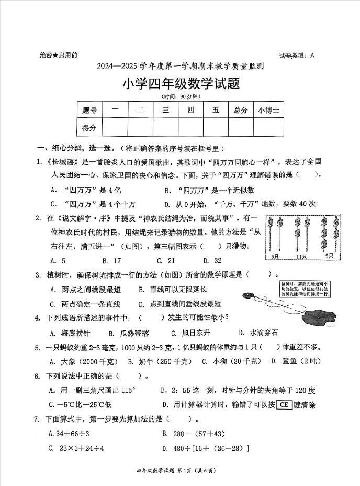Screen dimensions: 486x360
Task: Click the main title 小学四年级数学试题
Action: point(181,83)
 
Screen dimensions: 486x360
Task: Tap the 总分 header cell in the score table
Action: point(241,110)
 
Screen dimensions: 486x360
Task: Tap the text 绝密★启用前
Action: point(59,55)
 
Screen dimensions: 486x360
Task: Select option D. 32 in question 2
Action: point(212,260)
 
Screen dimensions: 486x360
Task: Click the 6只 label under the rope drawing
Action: point(276,257)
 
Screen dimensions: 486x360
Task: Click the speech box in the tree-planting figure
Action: point(305,289)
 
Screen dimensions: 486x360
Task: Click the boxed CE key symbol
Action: point(284,404)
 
